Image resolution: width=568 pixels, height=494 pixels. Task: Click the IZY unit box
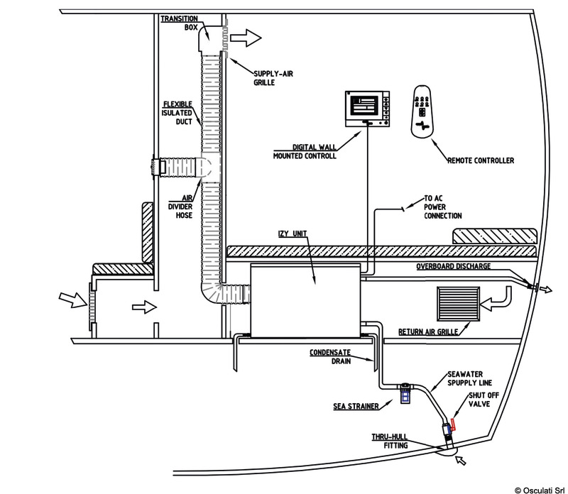305,299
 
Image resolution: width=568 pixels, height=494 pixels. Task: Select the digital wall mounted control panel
367,106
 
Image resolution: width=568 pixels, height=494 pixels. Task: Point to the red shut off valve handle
452,426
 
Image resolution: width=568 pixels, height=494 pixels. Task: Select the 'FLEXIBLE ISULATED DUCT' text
178,112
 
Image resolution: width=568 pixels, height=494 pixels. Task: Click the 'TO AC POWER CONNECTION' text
443,207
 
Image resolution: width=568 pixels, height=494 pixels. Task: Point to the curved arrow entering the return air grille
501,298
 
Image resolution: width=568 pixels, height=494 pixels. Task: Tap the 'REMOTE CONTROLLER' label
480,161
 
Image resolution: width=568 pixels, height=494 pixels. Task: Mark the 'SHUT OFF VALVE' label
480,405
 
